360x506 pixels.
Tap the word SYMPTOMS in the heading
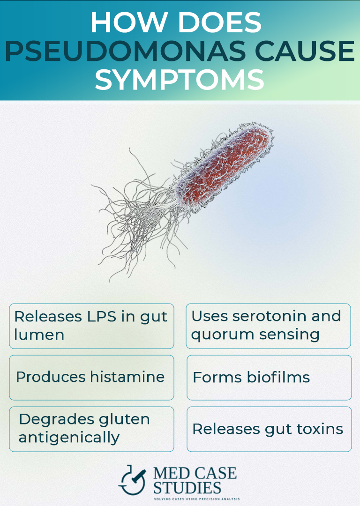tap(180, 80)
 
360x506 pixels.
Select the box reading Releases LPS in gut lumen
tap(91, 326)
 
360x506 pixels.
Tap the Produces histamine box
tap(91, 377)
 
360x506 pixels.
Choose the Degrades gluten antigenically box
tap(91, 429)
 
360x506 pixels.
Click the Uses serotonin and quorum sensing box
tap(268, 326)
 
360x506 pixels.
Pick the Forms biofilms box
tap(269, 377)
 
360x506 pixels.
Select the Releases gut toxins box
tap(269, 429)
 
